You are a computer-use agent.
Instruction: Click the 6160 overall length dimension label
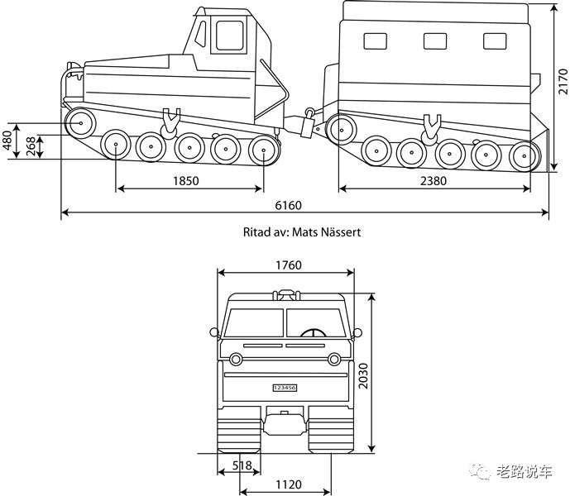click(x=288, y=205)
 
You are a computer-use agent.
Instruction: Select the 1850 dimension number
click(x=186, y=180)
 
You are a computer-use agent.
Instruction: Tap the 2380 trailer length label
click(x=433, y=180)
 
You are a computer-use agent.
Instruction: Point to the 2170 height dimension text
click(x=563, y=81)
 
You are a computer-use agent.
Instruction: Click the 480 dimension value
click(x=7, y=141)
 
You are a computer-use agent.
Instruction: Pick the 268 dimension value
click(x=31, y=146)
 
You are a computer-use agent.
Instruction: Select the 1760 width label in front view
click(x=288, y=265)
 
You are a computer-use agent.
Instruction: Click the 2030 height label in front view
click(x=363, y=375)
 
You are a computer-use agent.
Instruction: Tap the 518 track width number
click(x=242, y=465)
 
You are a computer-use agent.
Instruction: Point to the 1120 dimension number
click(x=288, y=484)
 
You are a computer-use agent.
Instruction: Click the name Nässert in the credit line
click(x=341, y=231)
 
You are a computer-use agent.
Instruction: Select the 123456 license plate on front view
click(x=285, y=388)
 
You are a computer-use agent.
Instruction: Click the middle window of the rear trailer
click(x=435, y=41)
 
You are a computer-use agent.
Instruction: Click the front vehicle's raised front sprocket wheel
click(x=80, y=123)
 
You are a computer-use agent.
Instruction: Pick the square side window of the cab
click(x=229, y=36)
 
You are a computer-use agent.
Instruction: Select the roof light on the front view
click(x=287, y=294)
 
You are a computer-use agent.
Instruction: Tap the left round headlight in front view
click(x=236, y=360)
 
